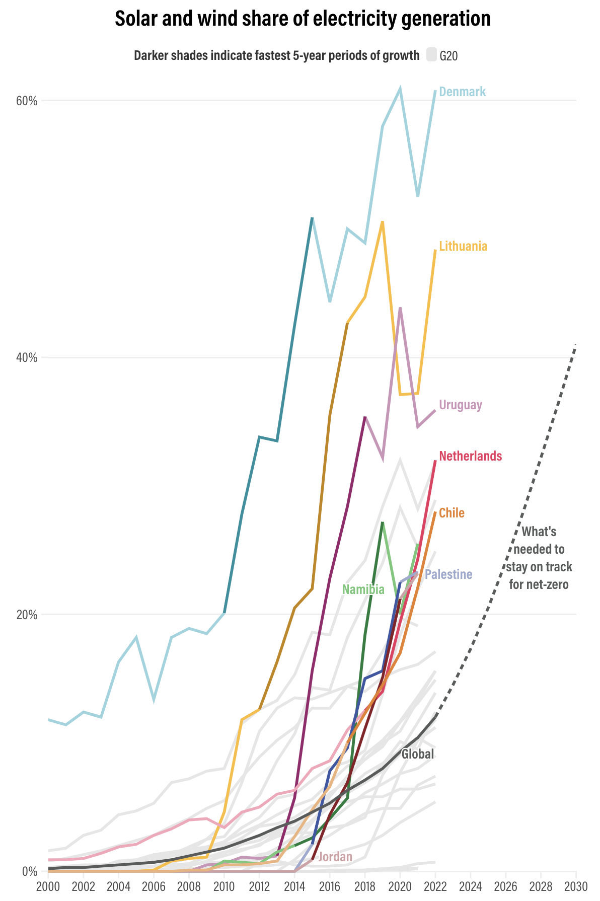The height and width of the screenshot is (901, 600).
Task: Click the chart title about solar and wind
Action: [x=303, y=19]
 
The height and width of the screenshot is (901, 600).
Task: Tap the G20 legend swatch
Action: [x=431, y=54]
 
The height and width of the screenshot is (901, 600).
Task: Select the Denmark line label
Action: [x=462, y=92]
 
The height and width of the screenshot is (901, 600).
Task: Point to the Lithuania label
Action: [x=463, y=246]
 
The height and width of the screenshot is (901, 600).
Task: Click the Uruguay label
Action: [x=461, y=405]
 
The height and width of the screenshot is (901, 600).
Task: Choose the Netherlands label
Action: [x=470, y=456]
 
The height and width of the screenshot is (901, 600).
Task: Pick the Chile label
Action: [x=452, y=513]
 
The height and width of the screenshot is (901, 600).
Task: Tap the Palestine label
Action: [x=448, y=574]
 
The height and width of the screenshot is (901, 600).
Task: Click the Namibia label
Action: [x=363, y=589]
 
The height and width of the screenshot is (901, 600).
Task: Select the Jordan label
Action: [x=335, y=857]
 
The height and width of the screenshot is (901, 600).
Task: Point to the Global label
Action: [x=417, y=754]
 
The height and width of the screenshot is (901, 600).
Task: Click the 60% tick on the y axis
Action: [x=27, y=101]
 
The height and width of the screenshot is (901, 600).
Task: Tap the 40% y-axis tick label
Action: [x=27, y=358]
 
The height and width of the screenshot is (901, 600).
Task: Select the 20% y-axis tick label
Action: [x=27, y=615]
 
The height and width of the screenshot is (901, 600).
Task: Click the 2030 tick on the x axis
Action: [x=576, y=886]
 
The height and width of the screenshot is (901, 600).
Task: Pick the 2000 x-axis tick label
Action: [x=48, y=886]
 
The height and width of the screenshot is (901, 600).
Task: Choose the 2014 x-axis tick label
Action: [x=294, y=886]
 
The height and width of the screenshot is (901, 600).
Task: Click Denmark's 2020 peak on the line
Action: [x=400, y=89]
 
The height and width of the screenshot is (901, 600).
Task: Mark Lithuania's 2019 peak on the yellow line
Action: [x=383, y=221]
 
